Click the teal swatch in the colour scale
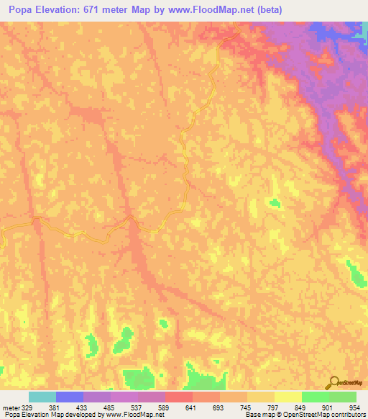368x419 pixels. pos(42,397)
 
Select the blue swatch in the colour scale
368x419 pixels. pos(70,397)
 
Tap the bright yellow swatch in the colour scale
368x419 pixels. pos(288,397)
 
